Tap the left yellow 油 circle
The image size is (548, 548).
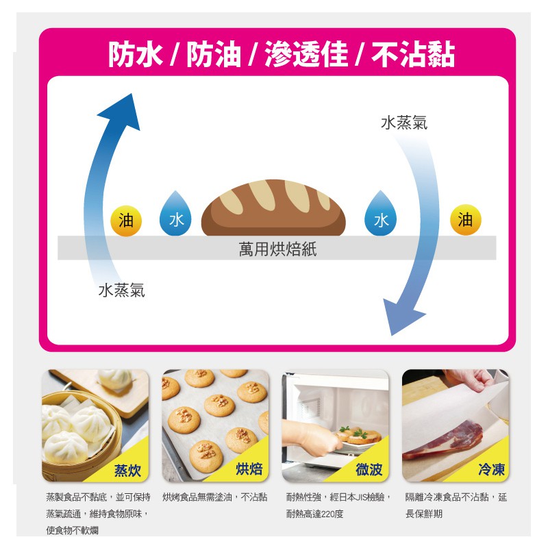(126, 221)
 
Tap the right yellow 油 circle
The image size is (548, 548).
(466, 220)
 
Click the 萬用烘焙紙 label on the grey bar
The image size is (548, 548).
(277, 249)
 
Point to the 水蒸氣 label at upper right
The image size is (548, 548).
(404, 123)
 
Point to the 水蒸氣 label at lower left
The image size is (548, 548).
(122, 290)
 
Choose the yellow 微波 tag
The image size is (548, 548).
(369, 469)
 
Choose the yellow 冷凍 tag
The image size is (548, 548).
(490, 469)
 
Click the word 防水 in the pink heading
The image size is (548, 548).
(135, 55)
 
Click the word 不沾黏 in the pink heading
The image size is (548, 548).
(412, 55)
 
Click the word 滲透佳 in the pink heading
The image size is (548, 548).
(306, 55)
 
